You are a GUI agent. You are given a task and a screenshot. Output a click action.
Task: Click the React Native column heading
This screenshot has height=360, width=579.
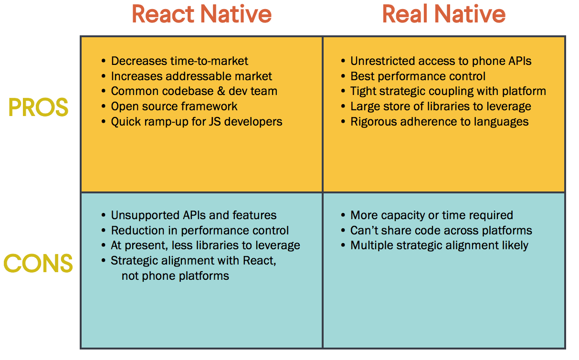(201, 14)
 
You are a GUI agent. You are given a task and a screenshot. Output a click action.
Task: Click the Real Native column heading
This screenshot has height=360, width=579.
(443, 14)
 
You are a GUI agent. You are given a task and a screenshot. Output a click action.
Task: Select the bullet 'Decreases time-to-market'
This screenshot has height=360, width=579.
(179, 61)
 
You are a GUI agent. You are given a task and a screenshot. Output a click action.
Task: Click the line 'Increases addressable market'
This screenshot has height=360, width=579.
(191, 76)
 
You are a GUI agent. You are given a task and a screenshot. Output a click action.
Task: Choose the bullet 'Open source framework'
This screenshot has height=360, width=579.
(174, 106)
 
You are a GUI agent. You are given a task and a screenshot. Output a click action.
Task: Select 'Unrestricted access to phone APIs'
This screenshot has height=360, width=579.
(441, 61)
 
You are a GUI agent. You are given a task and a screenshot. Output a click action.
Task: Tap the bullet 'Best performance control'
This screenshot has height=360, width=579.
(418, 76)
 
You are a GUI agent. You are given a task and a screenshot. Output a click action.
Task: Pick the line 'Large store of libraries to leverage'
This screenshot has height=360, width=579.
(441, 106)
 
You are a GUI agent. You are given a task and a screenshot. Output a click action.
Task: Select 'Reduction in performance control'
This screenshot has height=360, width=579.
(200, 231)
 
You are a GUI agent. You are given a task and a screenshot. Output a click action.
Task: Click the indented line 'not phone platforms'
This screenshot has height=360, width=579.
(175, 276)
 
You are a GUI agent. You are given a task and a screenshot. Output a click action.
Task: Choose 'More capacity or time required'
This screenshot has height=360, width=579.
(432, 215)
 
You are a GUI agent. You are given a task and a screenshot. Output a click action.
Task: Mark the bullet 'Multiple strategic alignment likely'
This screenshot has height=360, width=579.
(439, 246)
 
